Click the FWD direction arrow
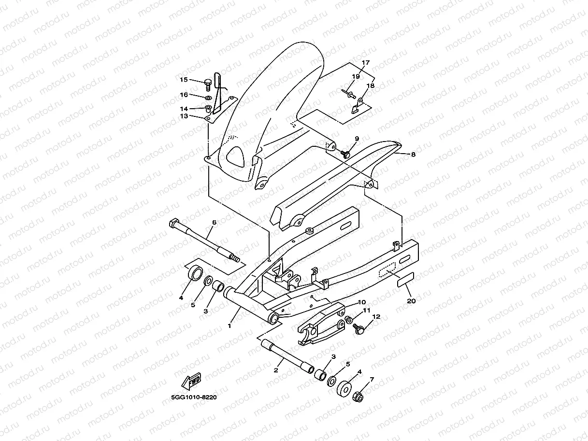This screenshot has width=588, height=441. pos(191,381)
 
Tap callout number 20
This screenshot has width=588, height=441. pos(411,301)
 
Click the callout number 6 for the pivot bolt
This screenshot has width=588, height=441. pos(214,222)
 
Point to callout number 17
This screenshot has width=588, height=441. pos(365,63)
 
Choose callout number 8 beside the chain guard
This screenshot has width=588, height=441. pos(413,155)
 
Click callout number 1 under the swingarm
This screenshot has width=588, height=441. pos(229,326)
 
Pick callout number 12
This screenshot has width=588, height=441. pos(376,317)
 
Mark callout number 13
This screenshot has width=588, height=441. pos(184,116)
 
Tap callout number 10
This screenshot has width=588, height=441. pos(361,302)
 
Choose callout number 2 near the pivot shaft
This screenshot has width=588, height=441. pos(276,370)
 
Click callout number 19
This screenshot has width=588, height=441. pos(356,76)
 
